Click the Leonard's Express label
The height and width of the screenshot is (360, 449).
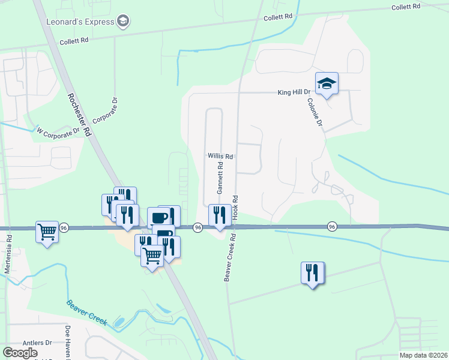pos(80,22)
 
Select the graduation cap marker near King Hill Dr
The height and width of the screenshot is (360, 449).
pos(327,84)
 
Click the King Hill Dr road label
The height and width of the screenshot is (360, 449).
pos(294,92)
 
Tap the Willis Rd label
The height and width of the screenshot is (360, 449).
pos(220,155)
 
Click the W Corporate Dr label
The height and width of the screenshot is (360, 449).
pos(58,130)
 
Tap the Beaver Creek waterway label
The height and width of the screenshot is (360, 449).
pos(87,313)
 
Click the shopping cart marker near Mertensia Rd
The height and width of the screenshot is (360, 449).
pos(47,231)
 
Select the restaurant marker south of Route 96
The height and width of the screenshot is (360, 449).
pos(313,273)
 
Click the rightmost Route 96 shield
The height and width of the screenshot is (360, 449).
pos(332,226)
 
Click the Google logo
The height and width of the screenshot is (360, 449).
pos(20,353)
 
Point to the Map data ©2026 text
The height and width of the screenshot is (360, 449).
pos(423,355)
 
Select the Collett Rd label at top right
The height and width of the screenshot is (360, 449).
pos(408,7)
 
